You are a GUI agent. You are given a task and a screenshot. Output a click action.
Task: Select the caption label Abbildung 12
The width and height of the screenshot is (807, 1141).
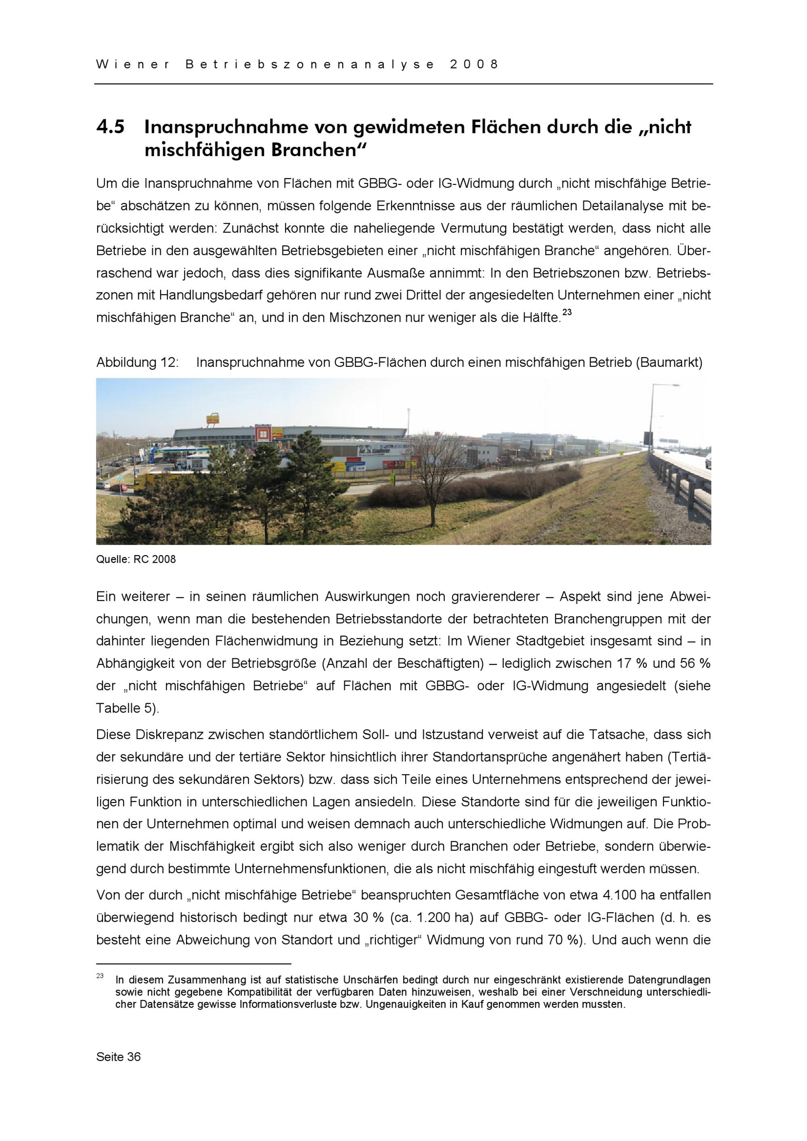[137, 363]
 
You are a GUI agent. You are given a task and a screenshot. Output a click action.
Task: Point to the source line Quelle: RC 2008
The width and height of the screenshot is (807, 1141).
[136, 560]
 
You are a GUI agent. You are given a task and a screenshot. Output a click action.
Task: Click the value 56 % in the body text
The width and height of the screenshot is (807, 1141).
[696, 663]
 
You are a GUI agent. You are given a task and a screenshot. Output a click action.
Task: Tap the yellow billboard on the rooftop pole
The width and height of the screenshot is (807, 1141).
[213, 419]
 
